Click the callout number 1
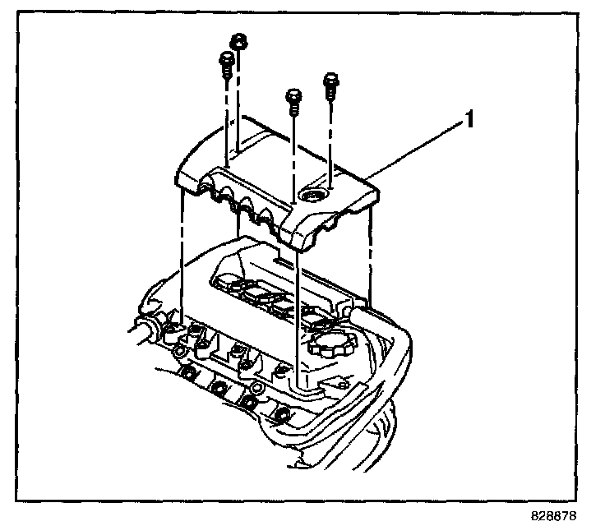tap(469, 121)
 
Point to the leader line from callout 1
tap(416, 149)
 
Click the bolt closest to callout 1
tap(331, 83)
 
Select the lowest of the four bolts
tap(293, 99)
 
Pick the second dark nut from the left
tap(219, 386)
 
